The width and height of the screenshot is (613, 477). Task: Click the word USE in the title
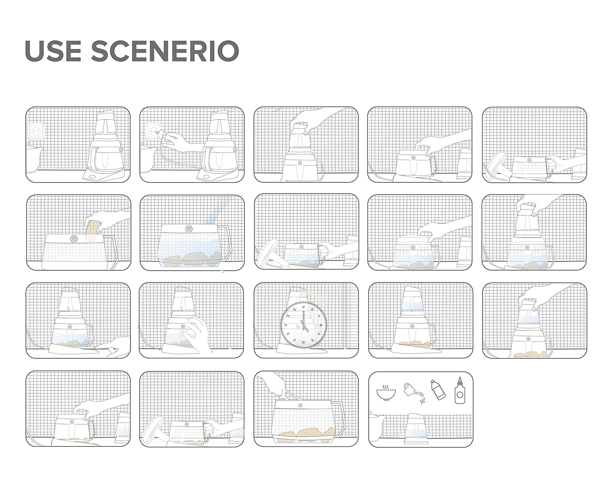[x=53, y=51]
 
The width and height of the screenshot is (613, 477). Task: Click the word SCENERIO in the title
[x=165, y=51]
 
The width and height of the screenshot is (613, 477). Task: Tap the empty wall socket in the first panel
[x=36, y=131]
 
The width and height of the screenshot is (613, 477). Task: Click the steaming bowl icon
[x=386, y=392]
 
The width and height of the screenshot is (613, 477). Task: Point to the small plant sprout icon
[x=422, y=401]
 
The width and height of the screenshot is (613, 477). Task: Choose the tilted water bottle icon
[x=438, y=390]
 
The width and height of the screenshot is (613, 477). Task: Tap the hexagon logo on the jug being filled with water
[x=189, y=229]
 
